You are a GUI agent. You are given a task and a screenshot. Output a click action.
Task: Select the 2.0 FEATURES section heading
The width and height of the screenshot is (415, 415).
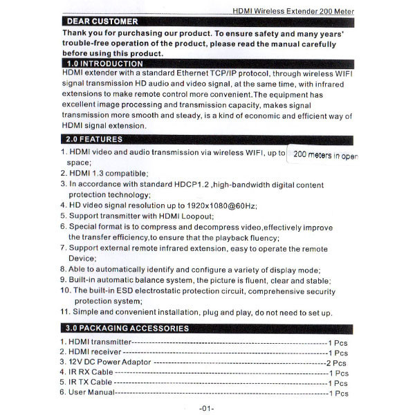click(x=96, y=139)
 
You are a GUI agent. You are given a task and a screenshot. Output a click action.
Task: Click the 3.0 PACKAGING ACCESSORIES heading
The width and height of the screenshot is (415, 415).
click(x=125, y=327)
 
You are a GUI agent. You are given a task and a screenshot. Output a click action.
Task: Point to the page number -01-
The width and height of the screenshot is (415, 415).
click(x=206, y=408)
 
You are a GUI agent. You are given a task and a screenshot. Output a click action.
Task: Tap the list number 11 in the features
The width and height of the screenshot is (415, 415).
click(x=64, y=313)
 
